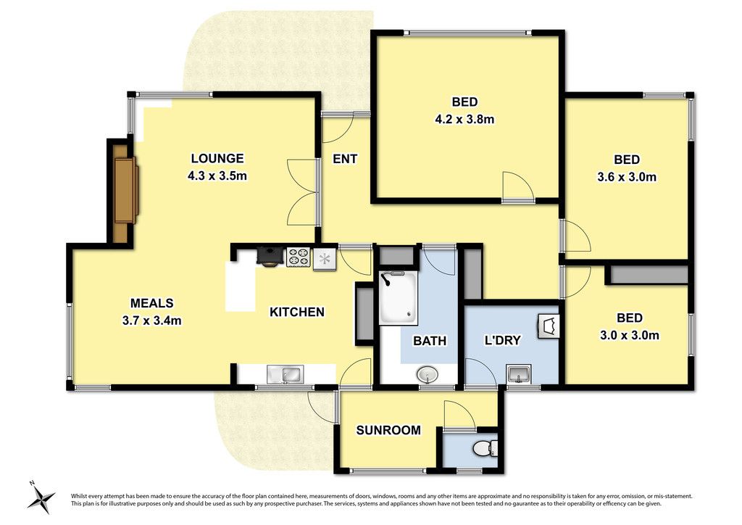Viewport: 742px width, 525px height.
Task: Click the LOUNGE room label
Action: pos(217,158)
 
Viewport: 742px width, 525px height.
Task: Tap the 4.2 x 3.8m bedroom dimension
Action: pos(464,120)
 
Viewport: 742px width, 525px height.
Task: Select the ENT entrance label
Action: pos(345,159)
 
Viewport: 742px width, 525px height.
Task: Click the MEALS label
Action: pos(152,303)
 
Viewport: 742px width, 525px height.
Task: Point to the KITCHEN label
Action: pos(297,312)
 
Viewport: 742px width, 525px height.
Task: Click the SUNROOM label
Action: pos(388,430)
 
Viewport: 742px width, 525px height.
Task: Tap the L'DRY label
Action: pos(503,340)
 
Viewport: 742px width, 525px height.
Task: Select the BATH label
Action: pos(430,341)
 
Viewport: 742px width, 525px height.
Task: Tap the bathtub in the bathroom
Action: pos(399,298)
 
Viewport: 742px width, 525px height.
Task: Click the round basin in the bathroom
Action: pos(428,376)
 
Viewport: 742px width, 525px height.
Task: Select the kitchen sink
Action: pos(284,374)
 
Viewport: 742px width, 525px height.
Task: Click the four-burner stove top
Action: pos(299,257)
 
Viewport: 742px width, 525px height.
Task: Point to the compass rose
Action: pos(41,497)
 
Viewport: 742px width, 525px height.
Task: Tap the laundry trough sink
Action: pos(519,374)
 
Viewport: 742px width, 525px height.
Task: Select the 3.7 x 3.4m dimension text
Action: pos(152,321)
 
